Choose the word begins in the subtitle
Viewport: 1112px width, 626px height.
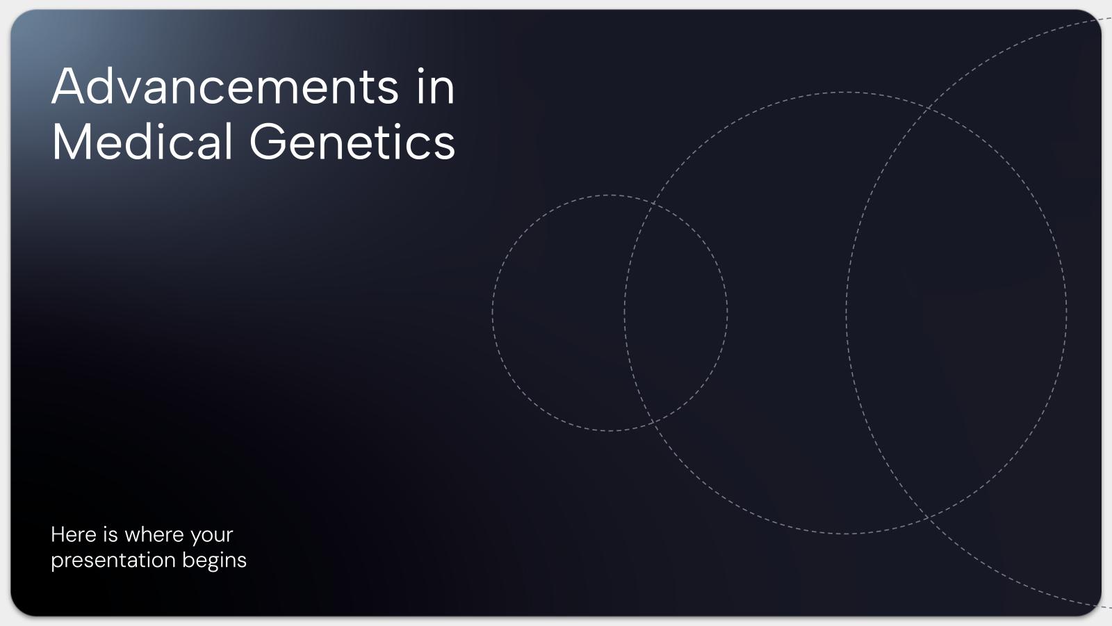(214, 561)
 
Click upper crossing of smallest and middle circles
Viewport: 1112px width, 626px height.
(653, 204)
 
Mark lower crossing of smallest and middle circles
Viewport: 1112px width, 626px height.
(653, 422)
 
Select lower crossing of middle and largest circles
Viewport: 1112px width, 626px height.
(929, 517)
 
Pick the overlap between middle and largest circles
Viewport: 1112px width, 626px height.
(956, 313)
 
